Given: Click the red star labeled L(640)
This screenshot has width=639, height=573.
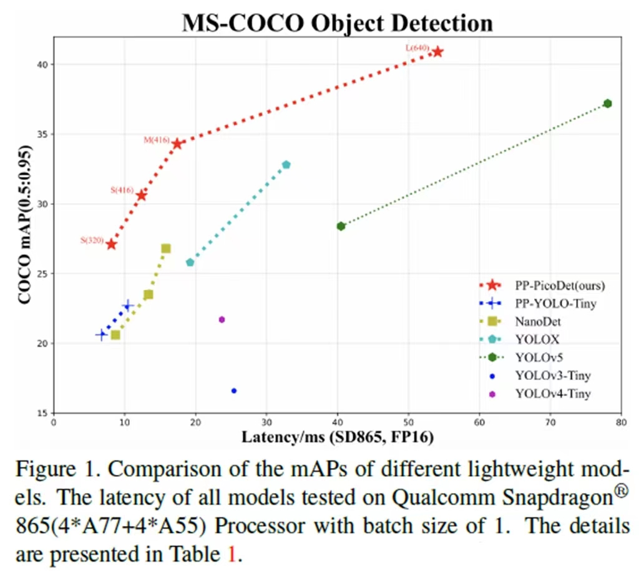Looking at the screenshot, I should [437, 51].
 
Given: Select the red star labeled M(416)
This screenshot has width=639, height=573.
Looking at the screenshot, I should [177, 144].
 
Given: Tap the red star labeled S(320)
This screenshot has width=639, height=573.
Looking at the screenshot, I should [111, 244].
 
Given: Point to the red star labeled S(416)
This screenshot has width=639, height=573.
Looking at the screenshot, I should [142, 195].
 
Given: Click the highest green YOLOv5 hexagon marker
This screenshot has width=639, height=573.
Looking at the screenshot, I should [607, 104].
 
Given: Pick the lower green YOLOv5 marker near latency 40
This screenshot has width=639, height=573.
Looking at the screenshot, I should [341, 226].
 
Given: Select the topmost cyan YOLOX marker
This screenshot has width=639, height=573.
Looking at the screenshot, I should [286, 165].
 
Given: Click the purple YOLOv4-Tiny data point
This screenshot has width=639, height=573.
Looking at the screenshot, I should [222, 319].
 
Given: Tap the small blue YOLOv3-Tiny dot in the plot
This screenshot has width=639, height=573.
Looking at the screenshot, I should [234, 391].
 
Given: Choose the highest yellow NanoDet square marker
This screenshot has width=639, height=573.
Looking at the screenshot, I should [166, 249].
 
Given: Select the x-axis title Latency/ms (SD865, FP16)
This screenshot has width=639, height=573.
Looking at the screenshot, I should [338, 438].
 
